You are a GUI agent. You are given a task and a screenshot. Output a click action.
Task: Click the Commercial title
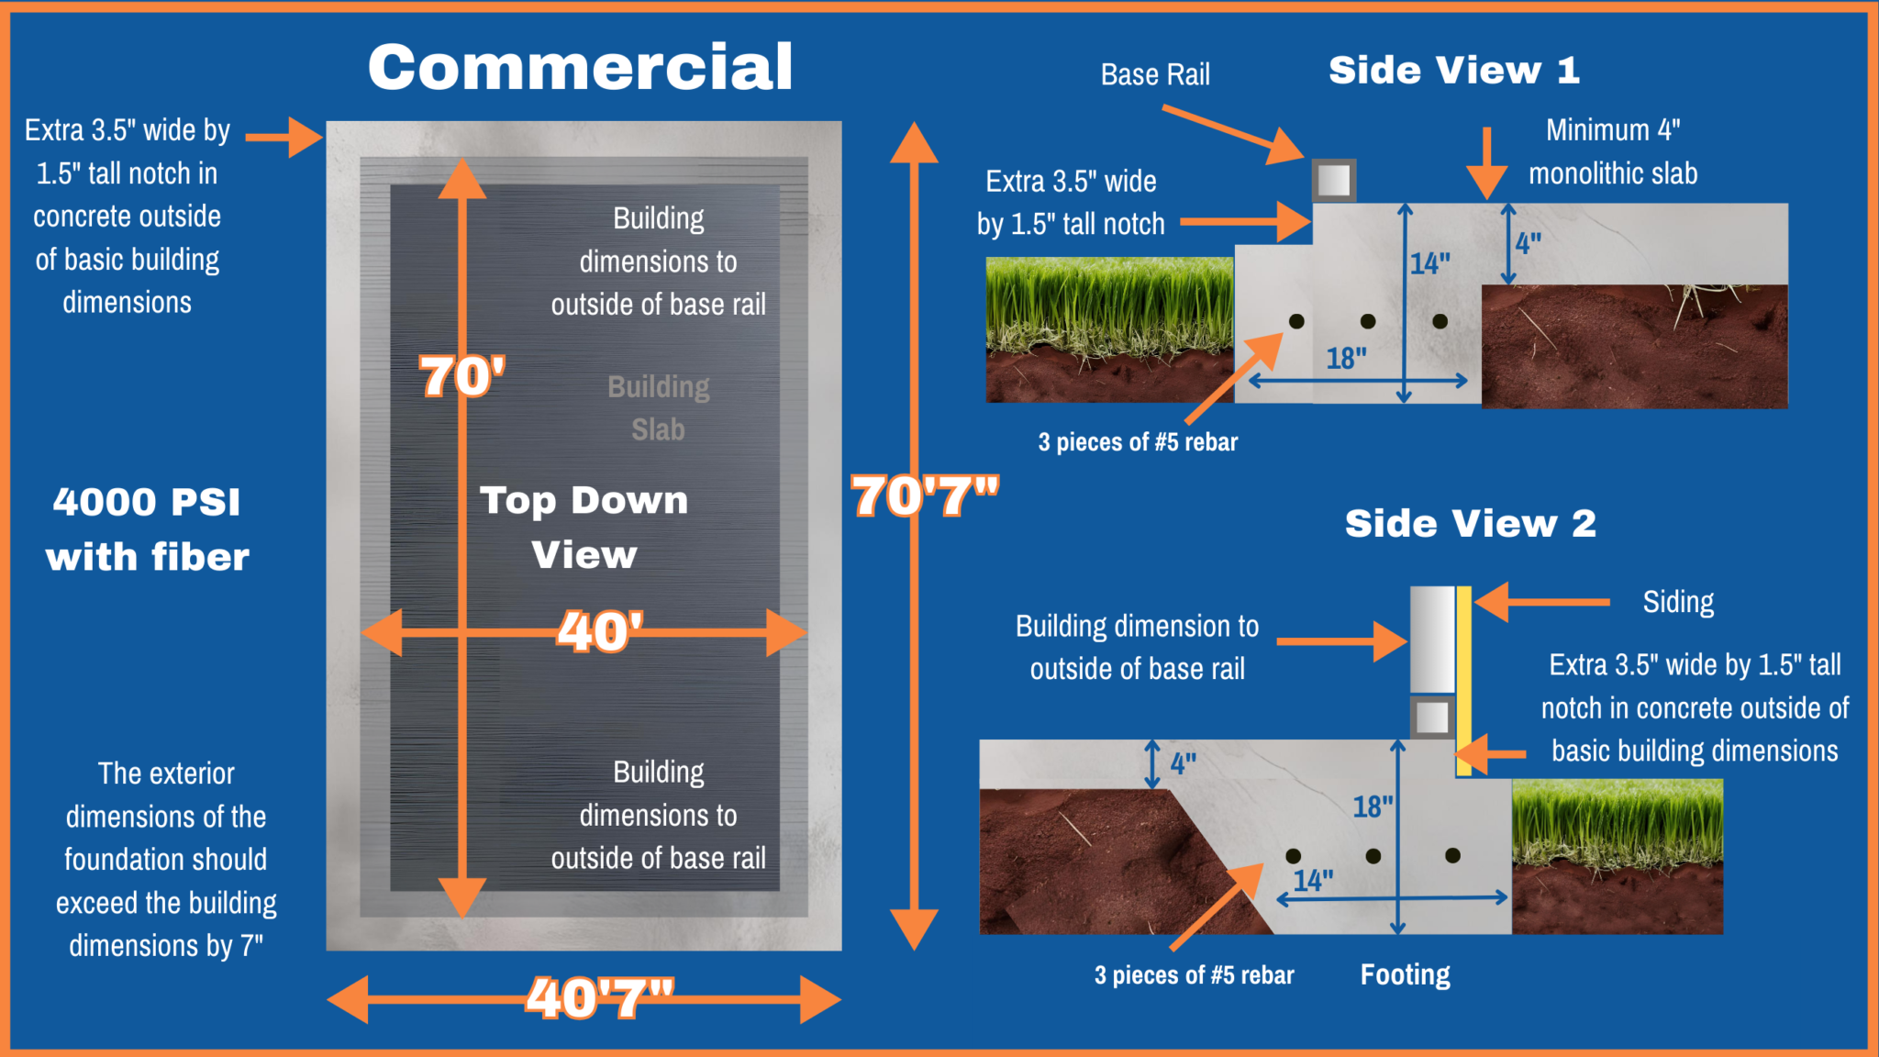[581, 67]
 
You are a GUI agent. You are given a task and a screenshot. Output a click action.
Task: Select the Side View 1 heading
[1454, 71]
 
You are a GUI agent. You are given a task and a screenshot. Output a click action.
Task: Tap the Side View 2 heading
[1471, 524]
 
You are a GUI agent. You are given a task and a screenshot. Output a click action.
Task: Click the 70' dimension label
[461, 376]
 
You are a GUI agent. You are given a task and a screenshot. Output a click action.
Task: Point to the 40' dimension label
[600, 631]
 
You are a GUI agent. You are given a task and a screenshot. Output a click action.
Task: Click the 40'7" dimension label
[600, 997]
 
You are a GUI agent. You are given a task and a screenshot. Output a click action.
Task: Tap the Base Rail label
[1155, 74]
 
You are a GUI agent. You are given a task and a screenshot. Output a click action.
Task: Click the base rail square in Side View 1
[1334, 180]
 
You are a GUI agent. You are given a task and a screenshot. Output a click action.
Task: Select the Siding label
[1678, 602]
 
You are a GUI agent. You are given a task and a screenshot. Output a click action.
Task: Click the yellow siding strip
[1464, 682]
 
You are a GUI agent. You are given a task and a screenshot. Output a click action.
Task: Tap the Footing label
[1406, 974]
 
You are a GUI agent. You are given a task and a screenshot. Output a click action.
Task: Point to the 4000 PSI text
[147, 502]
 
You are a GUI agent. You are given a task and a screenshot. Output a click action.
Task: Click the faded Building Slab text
[659, 408]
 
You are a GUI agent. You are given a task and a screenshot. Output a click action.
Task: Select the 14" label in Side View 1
[1430, 264]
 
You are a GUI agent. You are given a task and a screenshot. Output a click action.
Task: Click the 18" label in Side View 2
[1373, 807]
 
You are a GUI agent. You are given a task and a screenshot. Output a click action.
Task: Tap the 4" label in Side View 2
[1184, 763]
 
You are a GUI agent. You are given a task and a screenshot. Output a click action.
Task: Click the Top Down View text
[584, 528]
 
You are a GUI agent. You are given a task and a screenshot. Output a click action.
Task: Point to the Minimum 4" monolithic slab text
[1613, 151]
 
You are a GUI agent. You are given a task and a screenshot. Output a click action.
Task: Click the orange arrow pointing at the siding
[1542, 602]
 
